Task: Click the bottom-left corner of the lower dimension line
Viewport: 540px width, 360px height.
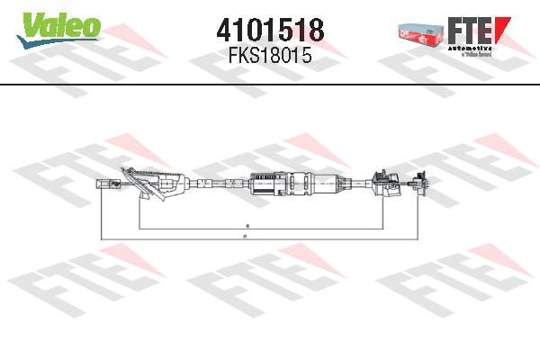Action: pos(102,238)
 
